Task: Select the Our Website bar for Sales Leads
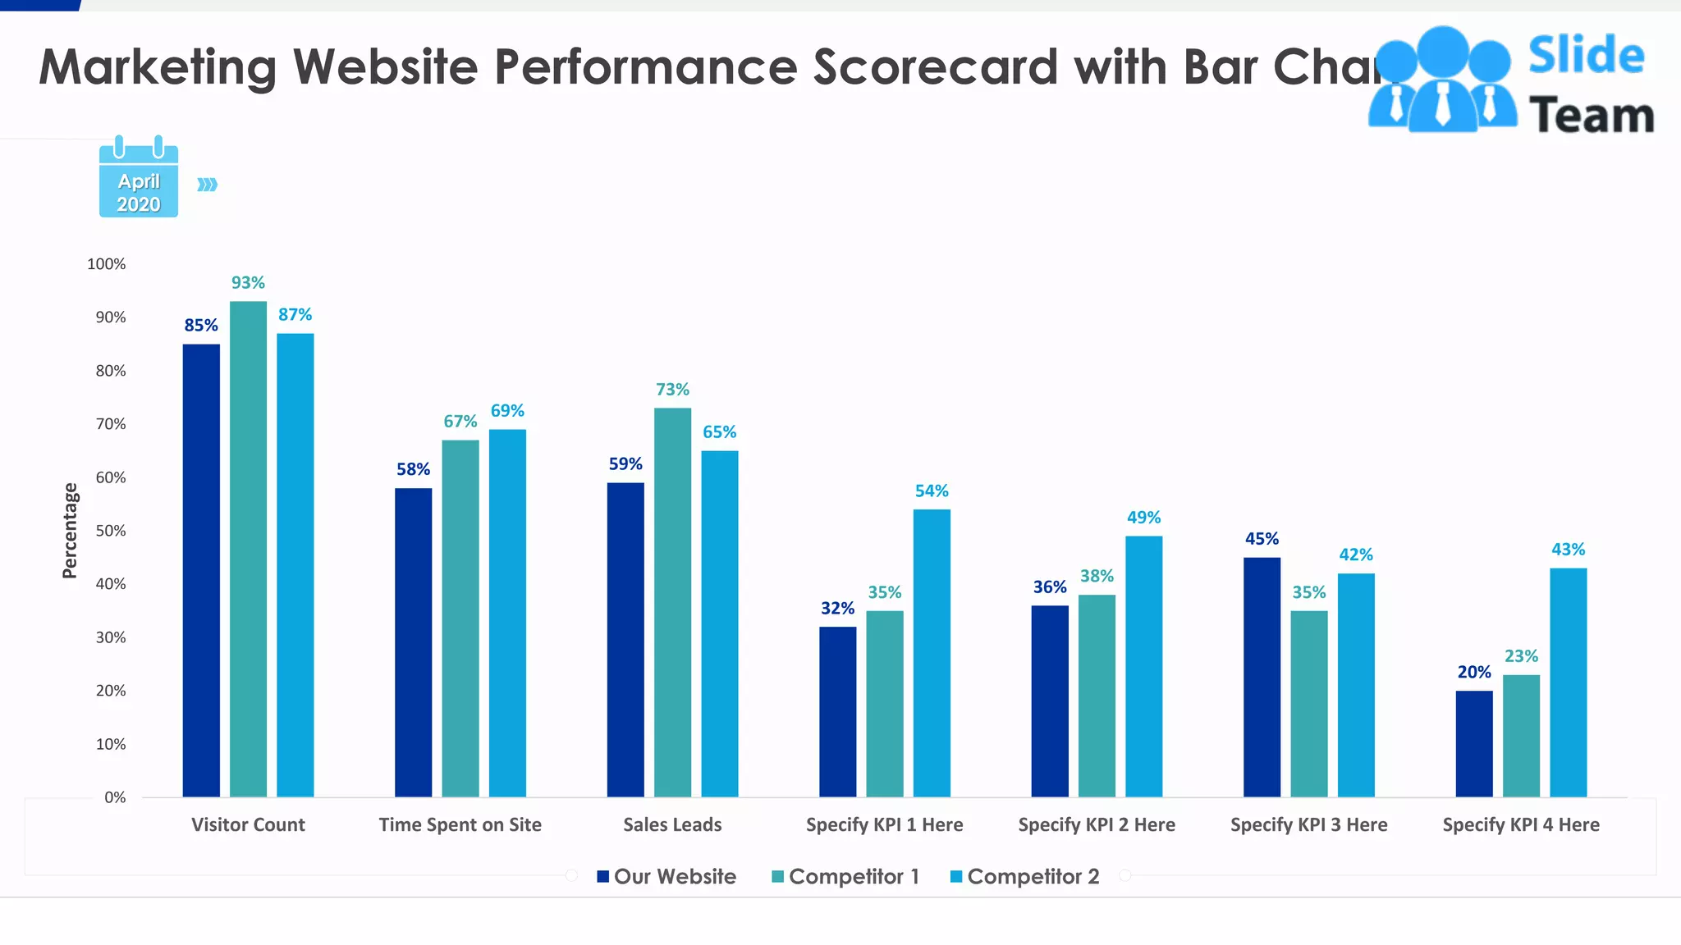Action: (x=625, y=639)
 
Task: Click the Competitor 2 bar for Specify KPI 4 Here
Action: (x=1568, y=682)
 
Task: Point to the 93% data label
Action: (x=248, y=283)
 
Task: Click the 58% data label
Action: (x=413, y=469)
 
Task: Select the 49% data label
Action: (x=1143, y=518)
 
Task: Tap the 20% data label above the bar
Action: (x=1473, y=672)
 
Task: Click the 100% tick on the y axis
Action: (x=107, y=264)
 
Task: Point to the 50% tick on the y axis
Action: (x=111, y=531)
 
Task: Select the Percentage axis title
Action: (x=70, y=530)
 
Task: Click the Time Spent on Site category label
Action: (x=460, y=824)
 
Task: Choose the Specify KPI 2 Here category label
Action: (x=1097, y=824)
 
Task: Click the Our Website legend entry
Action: (x=666, y=876)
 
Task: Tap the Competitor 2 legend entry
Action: (x=1024, y=876)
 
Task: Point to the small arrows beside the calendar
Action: (x=207, y=185)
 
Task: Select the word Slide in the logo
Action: (x=1586, y=55)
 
